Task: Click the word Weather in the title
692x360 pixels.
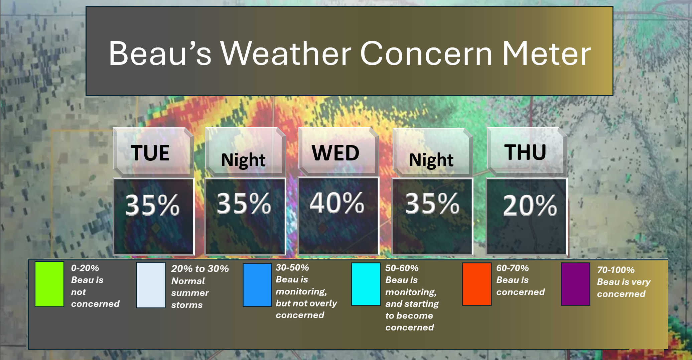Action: (x=286, y=53)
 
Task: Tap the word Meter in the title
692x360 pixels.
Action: (x=547, y=53)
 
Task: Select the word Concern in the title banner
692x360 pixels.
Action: (x=427, y=53)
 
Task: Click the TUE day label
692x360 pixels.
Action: (x=150, y=153)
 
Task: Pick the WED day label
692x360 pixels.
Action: (x=335, y=153)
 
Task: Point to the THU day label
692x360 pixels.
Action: (x=525, y=152)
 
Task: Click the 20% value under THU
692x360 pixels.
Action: (x=530, y=205)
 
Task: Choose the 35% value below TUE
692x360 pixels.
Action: (x=152, y=205)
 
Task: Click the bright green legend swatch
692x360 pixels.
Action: (x=49, y=284)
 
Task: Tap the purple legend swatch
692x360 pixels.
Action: (x=575, y=284)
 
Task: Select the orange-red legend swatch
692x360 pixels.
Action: (x=477, y=284)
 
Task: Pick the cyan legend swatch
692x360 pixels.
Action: (x=366, y=284)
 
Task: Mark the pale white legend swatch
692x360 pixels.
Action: (x=151, y=285)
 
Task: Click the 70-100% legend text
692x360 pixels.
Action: (x=615, y=270)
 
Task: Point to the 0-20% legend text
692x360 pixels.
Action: (x=85, y=268)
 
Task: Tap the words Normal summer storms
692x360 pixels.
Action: (x=190, y=293)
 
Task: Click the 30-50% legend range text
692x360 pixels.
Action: (x=292, y=267)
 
